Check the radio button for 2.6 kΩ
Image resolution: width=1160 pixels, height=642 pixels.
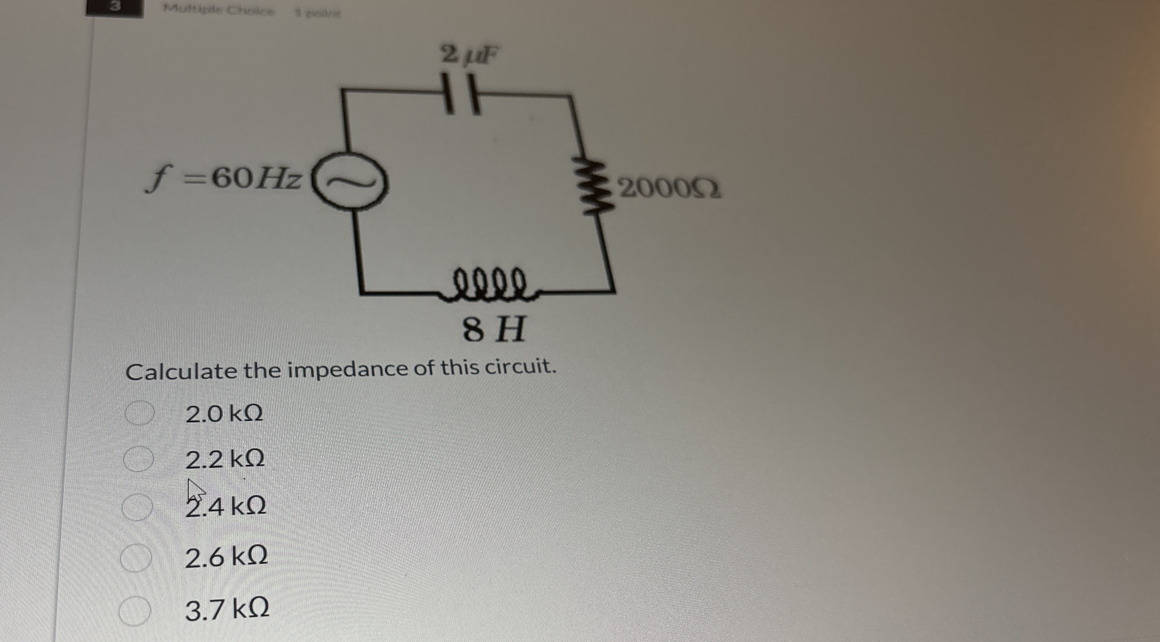(x=135, y=558)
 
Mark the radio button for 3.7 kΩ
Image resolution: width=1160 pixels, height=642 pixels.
(x=134, y=611)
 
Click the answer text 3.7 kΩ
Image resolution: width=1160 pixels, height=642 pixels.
(x=228, y=609)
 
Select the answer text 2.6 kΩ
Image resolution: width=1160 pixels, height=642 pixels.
(x=227, y=557)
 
